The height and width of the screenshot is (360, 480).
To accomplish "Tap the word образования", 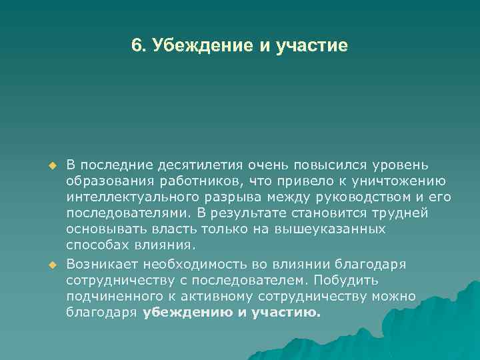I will coord(109,181).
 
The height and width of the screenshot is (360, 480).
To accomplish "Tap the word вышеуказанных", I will coord(338,229).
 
